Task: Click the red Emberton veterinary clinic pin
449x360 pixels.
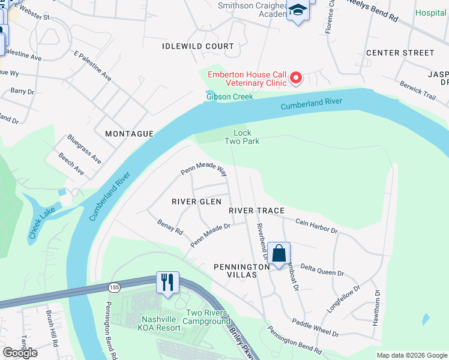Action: click(295, 78)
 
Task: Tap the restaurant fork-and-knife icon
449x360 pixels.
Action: click(167, 281)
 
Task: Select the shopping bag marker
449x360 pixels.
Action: click(279, 253)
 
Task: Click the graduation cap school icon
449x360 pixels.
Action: click(297, 10)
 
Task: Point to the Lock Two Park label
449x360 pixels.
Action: click(242, 137)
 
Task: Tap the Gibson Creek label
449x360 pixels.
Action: click(229, 97)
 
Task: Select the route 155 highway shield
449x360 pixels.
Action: click(113, 288)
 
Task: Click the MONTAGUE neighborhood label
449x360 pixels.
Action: click(129, 134)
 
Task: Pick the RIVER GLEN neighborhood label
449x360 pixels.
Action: click(196, 202)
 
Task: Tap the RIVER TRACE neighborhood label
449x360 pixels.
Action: click(256, 211)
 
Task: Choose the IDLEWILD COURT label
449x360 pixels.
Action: click(198, 46)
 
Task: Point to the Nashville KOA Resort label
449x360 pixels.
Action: click(160, 323)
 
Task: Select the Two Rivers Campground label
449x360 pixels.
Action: click(206, 317)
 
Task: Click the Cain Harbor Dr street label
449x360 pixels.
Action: click(316, 226)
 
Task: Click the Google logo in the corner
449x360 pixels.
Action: click(20, 353)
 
